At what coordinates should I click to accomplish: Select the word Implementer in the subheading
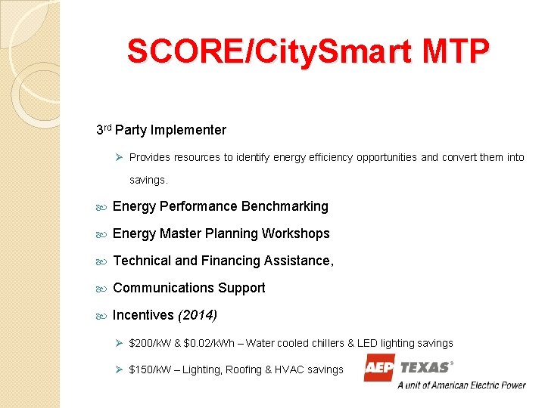tap(188, 130)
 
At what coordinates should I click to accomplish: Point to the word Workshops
tap(296, 233)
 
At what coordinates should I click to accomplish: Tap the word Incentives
tap(143, 315)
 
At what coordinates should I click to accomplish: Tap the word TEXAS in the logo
tap(425, 367)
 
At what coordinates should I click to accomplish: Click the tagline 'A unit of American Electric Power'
tap(462, 385)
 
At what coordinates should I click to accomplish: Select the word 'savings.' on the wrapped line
tap(148, 180)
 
